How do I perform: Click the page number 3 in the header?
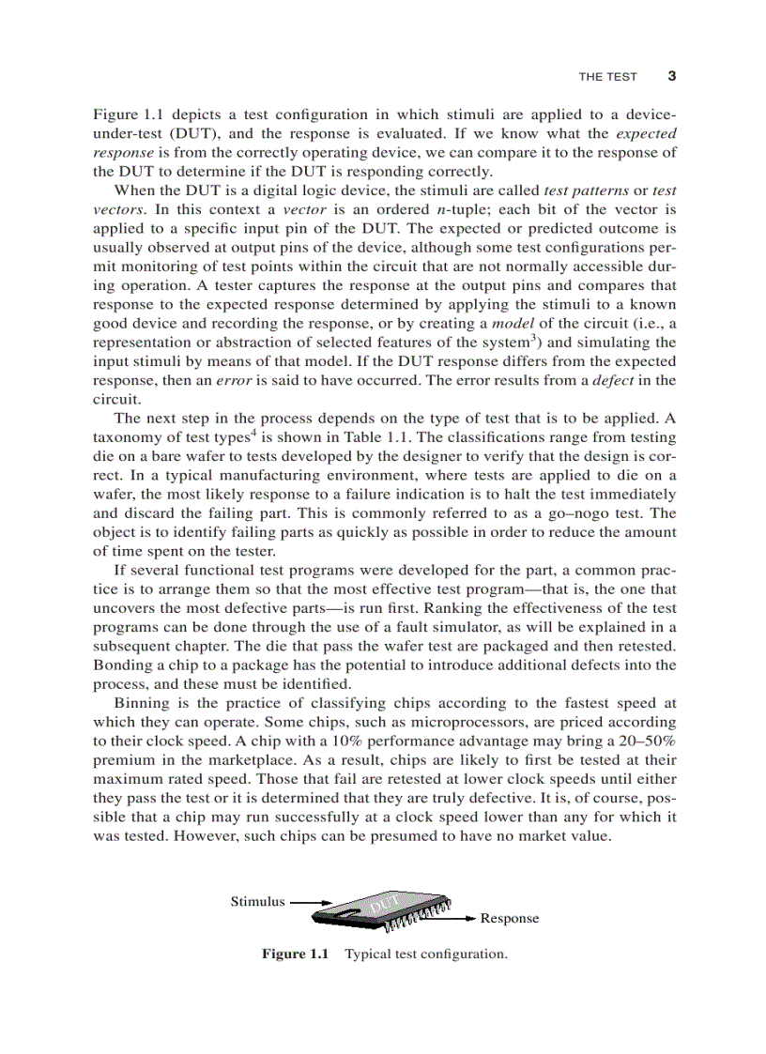click(671, 76)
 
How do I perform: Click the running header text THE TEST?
click(607, 77)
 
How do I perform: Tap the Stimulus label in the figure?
click(257, 901)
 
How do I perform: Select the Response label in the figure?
click(510, 918)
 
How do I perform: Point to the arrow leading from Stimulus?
click(312, 902)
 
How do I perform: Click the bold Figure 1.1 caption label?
click(296, 954)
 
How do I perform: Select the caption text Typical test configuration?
click(425, 954)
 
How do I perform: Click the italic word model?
click(514, 323)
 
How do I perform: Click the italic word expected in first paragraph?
click(646, 133)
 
